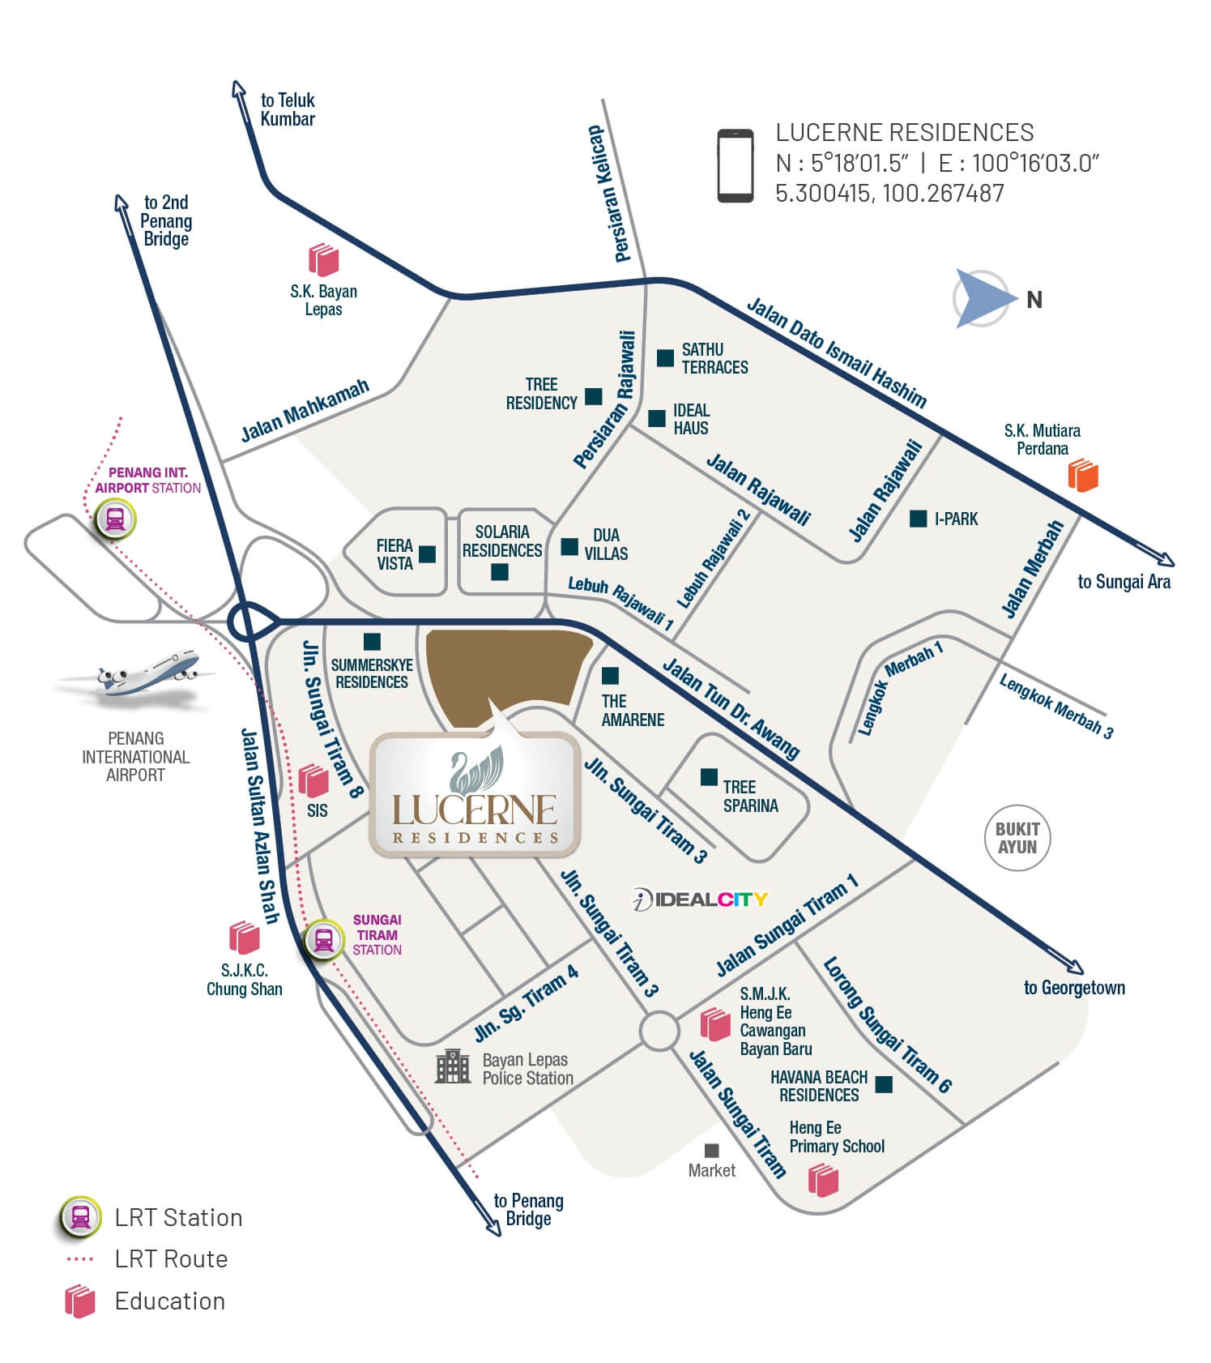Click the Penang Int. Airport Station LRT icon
point(115,519)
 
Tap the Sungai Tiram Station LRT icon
point(323,940)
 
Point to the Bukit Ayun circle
point(1017,838)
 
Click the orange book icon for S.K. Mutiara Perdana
point(1082,476)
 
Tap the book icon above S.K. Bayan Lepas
point(323,259)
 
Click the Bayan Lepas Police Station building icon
point(453,1066)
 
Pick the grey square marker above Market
point(711,1151)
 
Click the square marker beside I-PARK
point(918,519)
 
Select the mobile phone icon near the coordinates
point(736,165)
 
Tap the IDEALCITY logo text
point(700,899)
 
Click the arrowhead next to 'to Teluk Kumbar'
point(237,90)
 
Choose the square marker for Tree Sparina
point(709,777)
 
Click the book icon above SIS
point(313,780)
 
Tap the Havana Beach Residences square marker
point(884,1084)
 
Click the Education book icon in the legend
point(80,1301)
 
